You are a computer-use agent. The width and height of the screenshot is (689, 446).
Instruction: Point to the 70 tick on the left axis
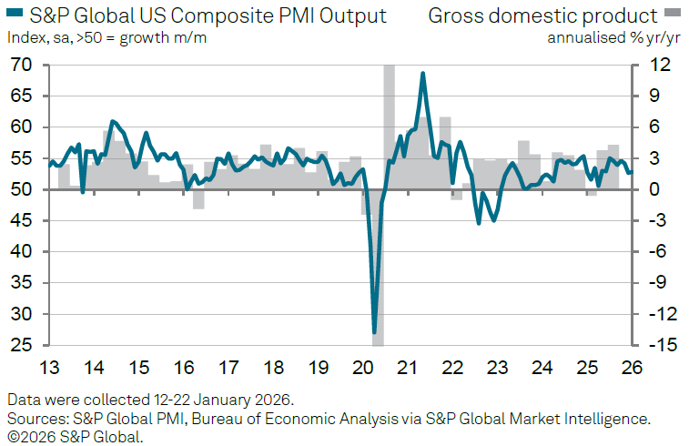[x=21, y=66]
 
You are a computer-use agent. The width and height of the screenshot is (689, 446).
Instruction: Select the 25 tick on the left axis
[x=21, y=346]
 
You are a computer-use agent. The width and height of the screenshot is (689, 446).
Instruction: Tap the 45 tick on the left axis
[x=21, y=221]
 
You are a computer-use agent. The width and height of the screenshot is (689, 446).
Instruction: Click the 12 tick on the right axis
[x=659, y=66]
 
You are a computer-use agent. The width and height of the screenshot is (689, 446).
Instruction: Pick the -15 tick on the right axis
[x=656, y=346]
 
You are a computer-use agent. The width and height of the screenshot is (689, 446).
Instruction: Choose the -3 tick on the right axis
[x=659, y=221]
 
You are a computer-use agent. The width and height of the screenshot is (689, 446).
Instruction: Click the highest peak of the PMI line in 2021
[x=423, y=74]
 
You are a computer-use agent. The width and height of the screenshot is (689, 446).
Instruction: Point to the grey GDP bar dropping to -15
[x=378, y=341]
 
